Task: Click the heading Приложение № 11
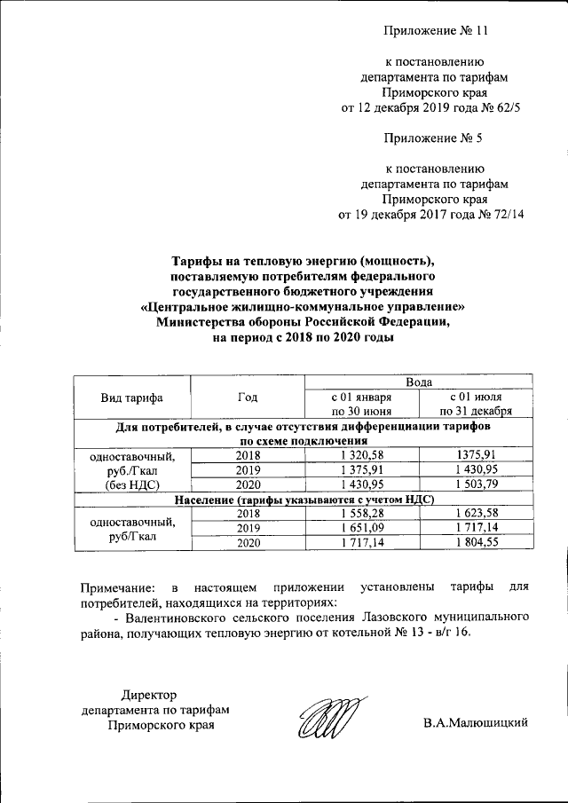click(x=436, y=31)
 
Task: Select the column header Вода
click(x=419, y=382)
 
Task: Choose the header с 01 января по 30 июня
click(x=361, y=405)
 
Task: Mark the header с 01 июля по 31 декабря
click(x=479, y=405)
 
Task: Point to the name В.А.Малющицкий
click(x=476, y=723)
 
